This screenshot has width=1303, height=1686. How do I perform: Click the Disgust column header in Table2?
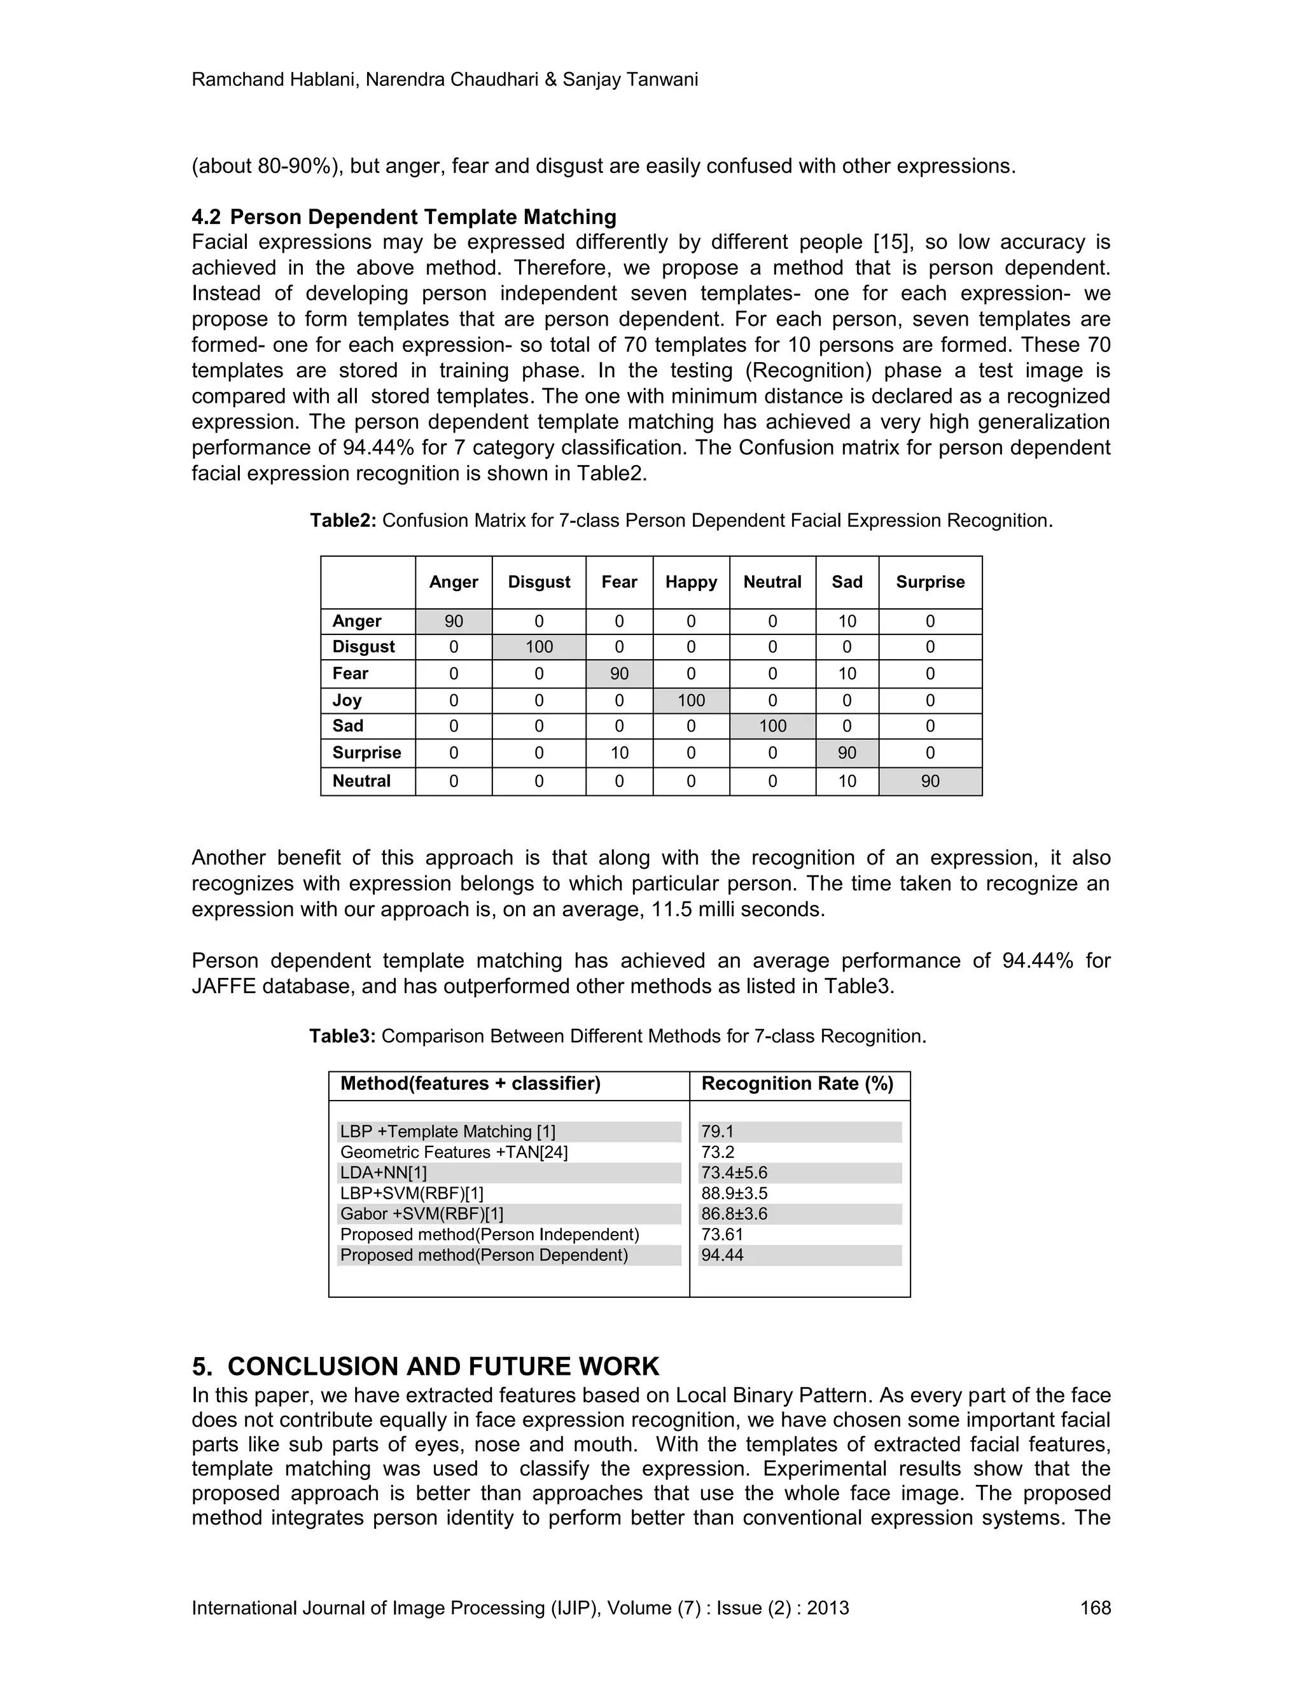tap(539, 582)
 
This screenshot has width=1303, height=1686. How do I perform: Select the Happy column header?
tap(691, 582)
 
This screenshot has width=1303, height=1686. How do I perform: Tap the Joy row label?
tap(347, 700)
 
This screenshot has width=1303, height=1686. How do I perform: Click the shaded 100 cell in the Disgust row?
tap(539, 647)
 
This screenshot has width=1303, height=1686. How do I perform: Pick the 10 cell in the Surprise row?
tap(619, 753)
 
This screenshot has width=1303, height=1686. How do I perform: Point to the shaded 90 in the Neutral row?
tap(930, 781)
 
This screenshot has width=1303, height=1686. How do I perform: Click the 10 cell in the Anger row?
tap(847, 622)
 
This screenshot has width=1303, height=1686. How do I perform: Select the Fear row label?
tap(351, 673)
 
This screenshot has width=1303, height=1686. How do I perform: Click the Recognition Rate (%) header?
tap(797, 1084)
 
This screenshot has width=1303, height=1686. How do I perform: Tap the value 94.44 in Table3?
tap(723, 1255)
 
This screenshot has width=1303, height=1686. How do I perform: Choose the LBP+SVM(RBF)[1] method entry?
tap(412, 1194)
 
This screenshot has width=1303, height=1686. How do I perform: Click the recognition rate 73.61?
tap(723, 1234)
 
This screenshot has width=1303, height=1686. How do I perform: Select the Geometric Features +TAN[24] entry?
tap(454, 1153)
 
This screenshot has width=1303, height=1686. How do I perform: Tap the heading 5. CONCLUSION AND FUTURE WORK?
tap(426, 1367)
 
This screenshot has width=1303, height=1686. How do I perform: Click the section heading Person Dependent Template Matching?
tap(423, 217)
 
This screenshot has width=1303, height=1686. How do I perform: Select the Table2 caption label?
tap(343, 520)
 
